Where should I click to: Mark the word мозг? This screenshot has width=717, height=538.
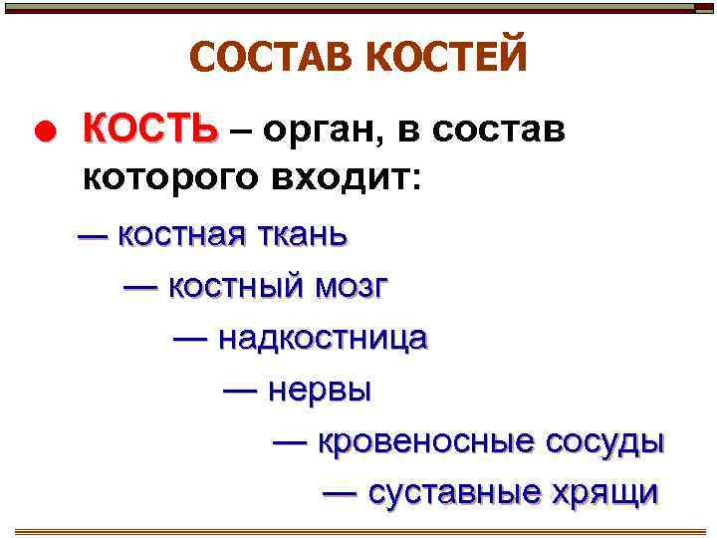(353, 288)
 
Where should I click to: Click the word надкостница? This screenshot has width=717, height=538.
(323, 339)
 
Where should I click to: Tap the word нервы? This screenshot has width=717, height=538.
(320, 391)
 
